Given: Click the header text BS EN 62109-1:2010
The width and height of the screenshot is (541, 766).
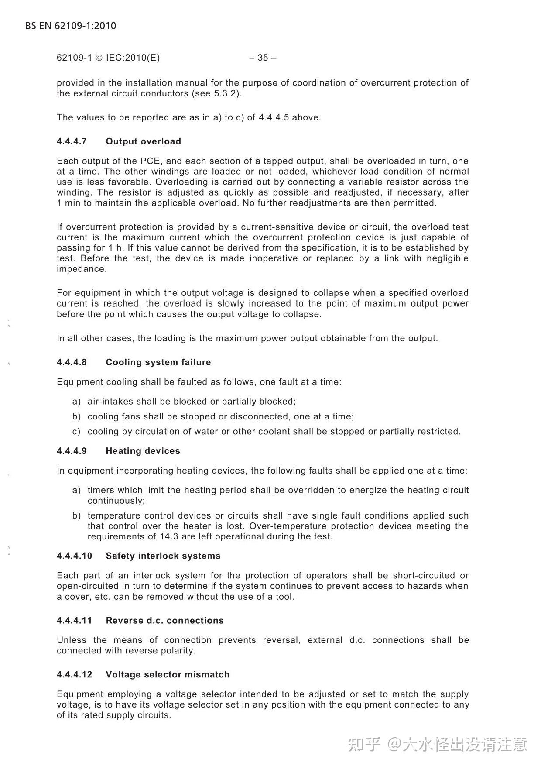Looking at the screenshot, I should pos(71,26).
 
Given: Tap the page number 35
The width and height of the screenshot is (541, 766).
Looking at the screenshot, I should pos(263,58).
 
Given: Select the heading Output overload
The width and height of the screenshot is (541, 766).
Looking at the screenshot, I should pos(143,141).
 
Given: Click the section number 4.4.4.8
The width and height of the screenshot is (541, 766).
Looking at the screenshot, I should pos(72,362).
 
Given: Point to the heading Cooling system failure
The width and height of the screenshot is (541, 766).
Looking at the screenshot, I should pos(158,362).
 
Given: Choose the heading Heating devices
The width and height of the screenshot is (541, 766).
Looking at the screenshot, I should pos(143,451).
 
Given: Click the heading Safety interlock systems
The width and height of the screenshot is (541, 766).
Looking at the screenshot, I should pos(163,556).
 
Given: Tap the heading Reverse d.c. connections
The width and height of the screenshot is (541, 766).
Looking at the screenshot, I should pos(164,621).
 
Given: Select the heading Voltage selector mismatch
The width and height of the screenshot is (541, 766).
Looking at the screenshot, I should pos(168,675).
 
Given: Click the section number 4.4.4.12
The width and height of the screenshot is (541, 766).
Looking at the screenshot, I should pos(74,675).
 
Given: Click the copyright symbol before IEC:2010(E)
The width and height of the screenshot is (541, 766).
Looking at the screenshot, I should pos(99,58).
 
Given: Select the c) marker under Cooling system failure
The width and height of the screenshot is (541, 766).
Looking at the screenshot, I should pos(76,432).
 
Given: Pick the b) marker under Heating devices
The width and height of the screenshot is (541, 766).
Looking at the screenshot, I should pos(76,516).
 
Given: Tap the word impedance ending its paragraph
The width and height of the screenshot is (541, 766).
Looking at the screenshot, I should pos(81,269).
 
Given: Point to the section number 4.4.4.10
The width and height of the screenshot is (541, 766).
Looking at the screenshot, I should pos(74,556).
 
